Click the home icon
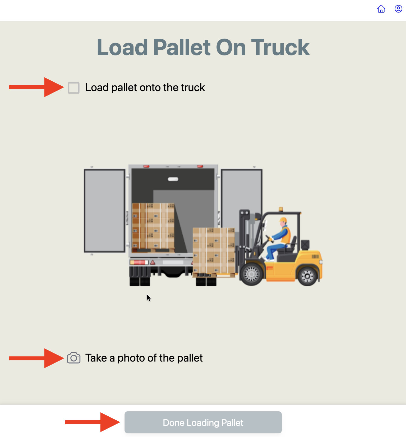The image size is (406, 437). tap(381, 9)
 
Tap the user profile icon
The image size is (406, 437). tap(398, 9)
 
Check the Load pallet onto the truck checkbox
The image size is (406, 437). tap(73, 88)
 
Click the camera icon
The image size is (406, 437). tap(74, 358)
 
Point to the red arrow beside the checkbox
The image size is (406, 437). tap(36, 87)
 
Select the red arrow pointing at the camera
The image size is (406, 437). tap(36, 358)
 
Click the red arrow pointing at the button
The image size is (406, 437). tap(93, 422)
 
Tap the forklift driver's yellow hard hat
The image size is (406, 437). tap(283, 220)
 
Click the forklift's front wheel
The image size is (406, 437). tap(251, 274)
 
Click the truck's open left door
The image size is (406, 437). tap(105, 211)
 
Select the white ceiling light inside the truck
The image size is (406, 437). tap(173, 179)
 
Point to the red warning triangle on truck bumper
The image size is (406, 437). tap(153, 263)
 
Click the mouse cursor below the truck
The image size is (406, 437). tap(149, 298)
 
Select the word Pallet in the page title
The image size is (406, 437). tap(182, 48)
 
